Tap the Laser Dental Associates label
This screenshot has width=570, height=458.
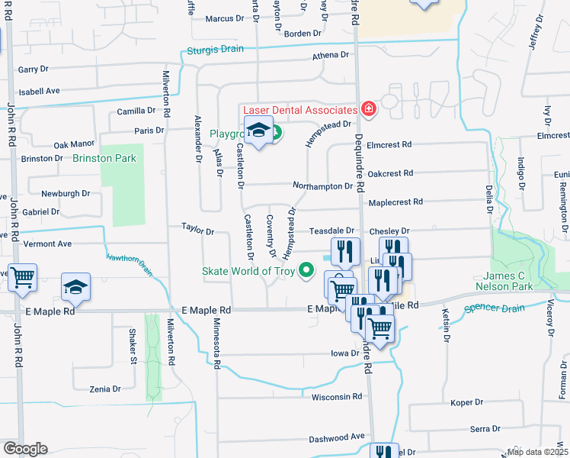tap(300, 111)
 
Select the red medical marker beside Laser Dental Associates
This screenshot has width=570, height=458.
tap(369, 110)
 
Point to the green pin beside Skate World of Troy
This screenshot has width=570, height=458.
tap(307, 269)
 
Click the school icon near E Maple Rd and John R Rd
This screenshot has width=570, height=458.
tap(76, 287)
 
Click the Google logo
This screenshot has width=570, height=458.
tap(25, 449)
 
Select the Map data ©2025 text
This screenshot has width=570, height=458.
tap(538, 451)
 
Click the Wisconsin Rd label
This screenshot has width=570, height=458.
tap(336, 397)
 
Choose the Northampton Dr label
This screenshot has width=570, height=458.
tap(323, 185)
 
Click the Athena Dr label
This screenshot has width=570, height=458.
tap(330, 56)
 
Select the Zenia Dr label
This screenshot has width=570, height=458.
tap(105, 389)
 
